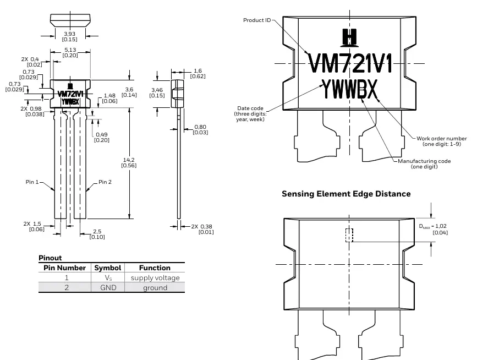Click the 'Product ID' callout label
257,20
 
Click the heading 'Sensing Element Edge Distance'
346,194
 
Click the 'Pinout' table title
50,258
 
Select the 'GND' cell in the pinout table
108,287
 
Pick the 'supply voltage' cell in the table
155,278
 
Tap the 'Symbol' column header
108,268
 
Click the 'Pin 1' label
32,182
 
